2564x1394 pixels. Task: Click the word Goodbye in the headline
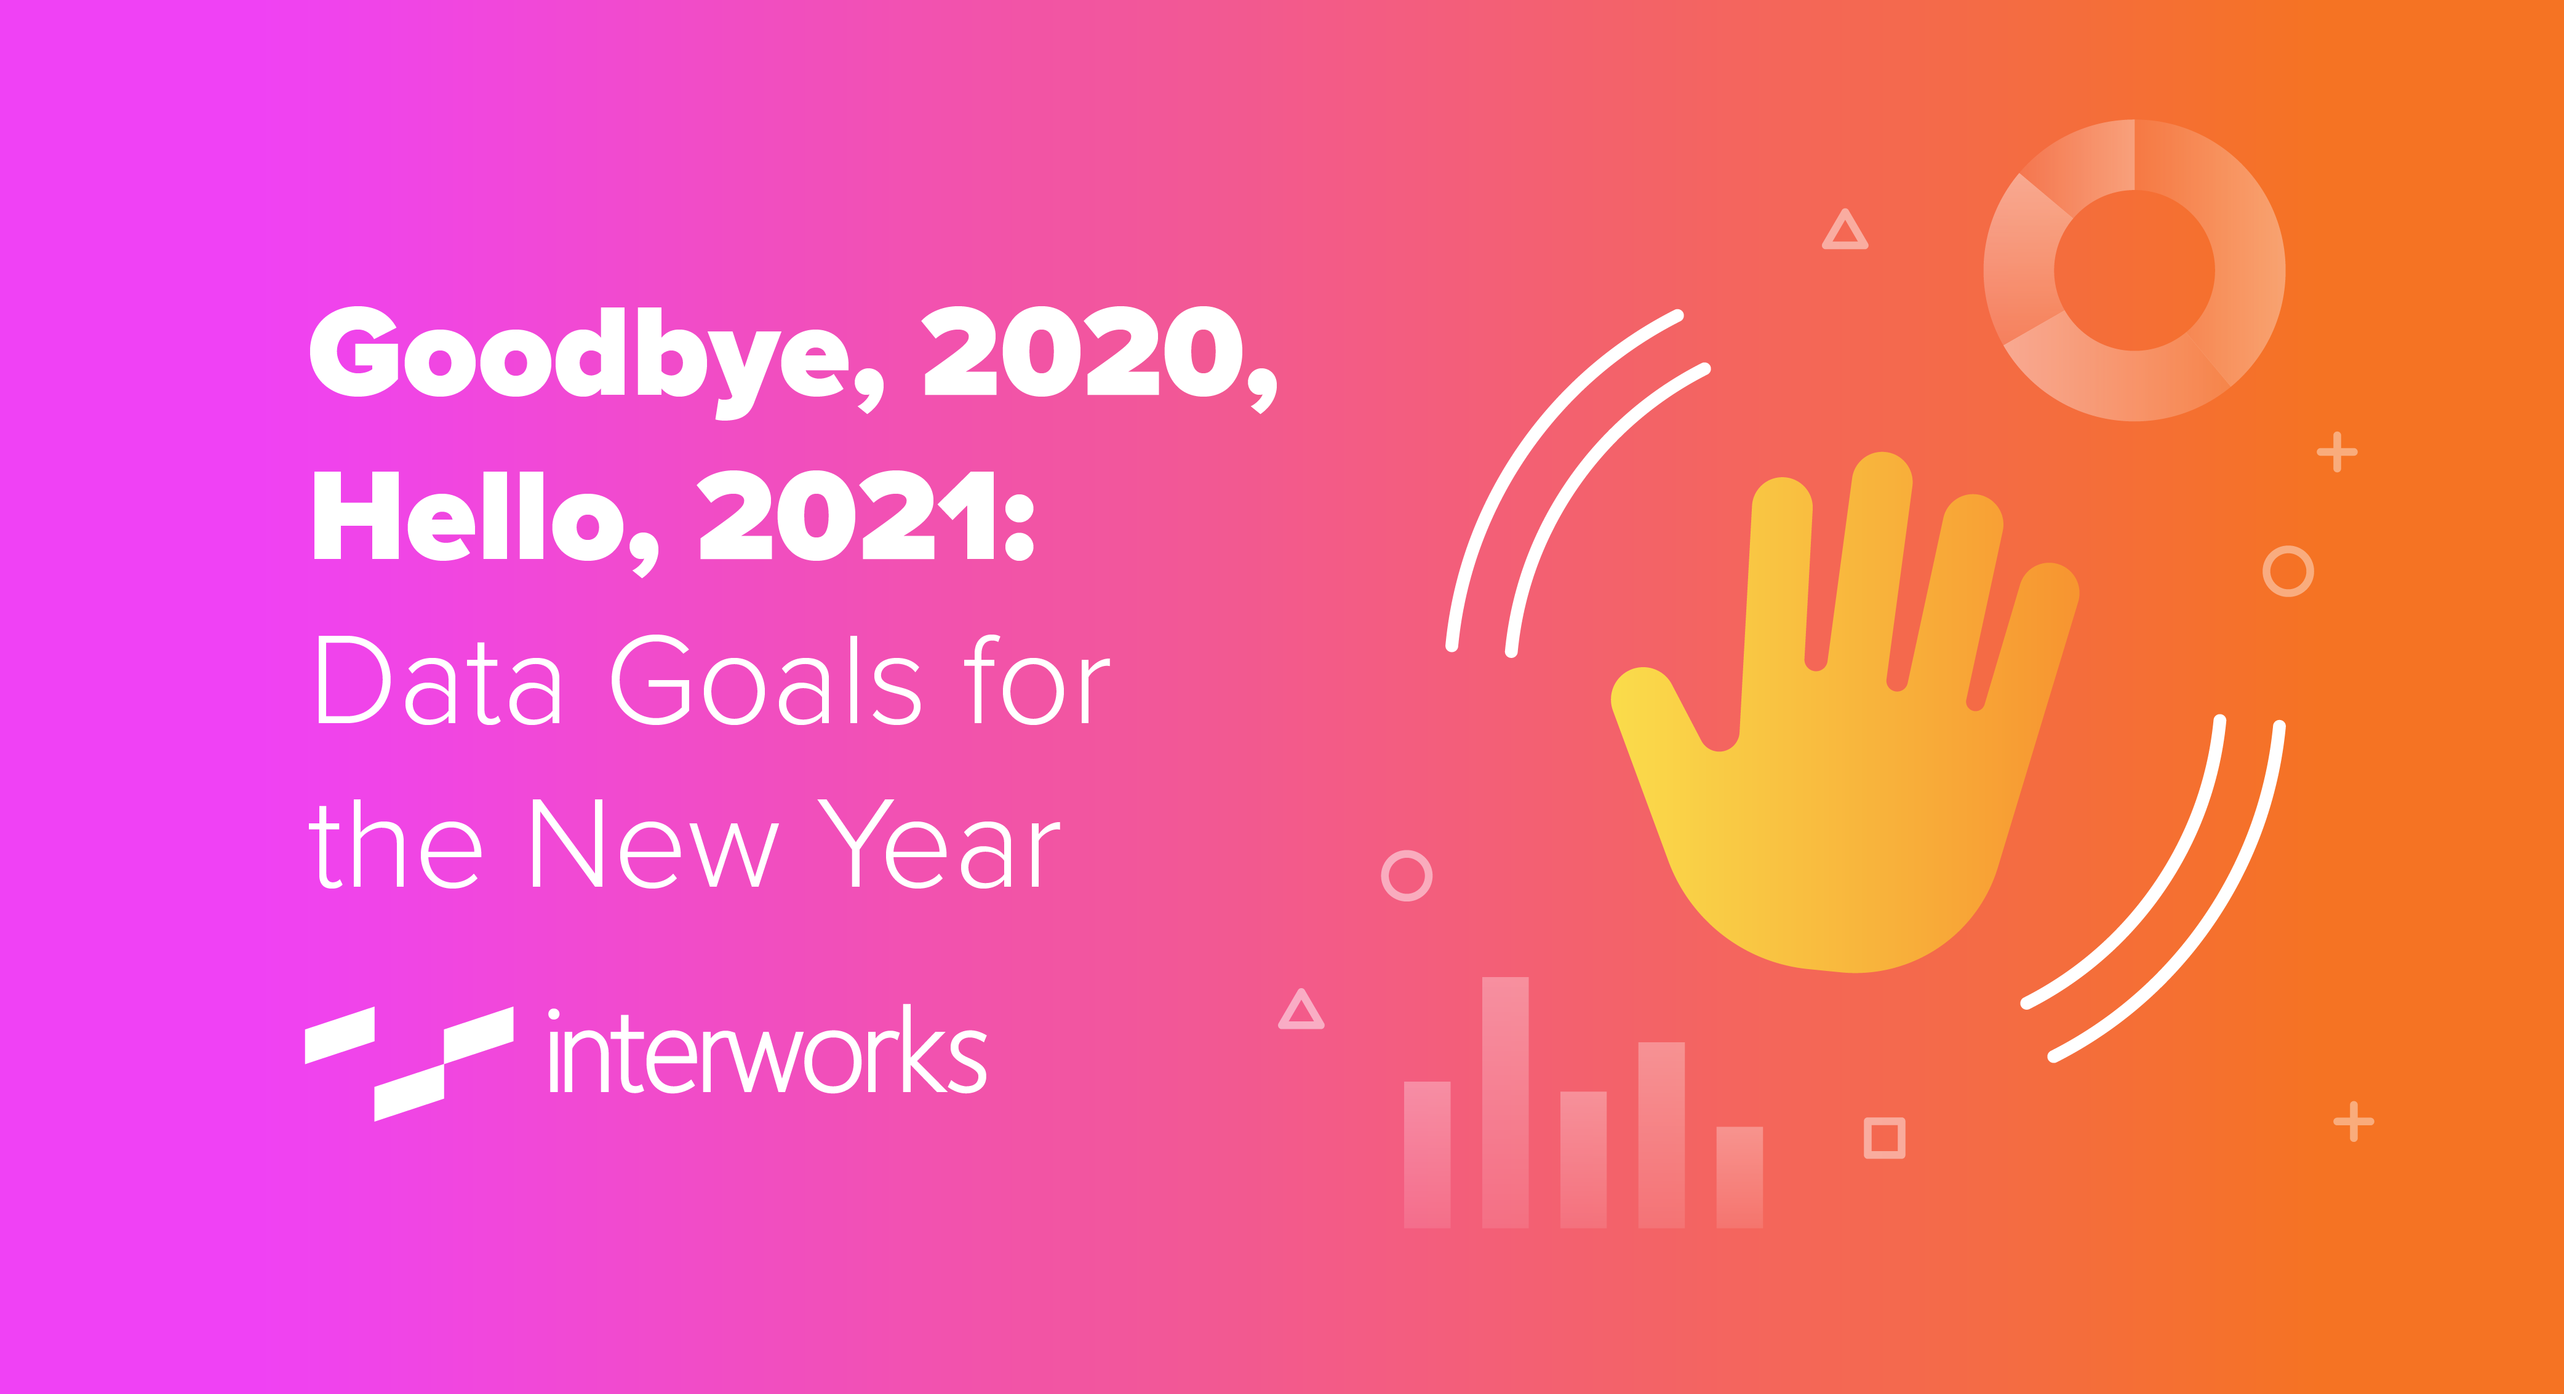[x=580, y=358]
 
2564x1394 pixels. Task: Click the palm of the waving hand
[x=1842, y=846]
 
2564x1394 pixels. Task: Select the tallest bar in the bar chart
[x=1505, y=1103]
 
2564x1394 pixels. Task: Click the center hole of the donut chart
[x=2134, y=271]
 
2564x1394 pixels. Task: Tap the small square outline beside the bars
[x=1884, y=1138]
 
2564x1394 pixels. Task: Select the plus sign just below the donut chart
[x=2336, y=453]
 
